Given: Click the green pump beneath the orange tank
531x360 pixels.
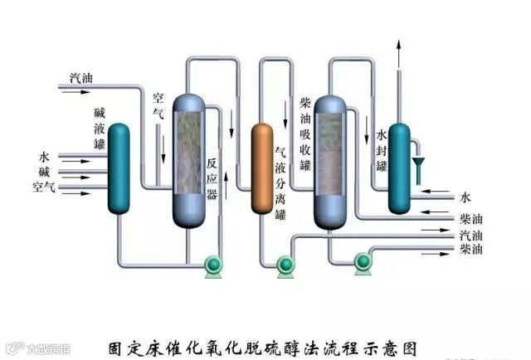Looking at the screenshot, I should coord(285,265).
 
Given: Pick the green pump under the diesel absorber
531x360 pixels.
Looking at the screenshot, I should coord(362,263).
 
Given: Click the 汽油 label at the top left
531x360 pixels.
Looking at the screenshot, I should coord(80,78).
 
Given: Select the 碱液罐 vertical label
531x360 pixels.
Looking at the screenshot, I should coord(100,127).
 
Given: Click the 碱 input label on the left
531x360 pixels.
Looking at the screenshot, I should coord(45,172).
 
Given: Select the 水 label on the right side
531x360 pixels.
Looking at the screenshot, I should coord(465,197).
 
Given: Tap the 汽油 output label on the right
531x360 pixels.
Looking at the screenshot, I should coord(470,236).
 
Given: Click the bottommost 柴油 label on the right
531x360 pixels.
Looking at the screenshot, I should coord(470,249).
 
